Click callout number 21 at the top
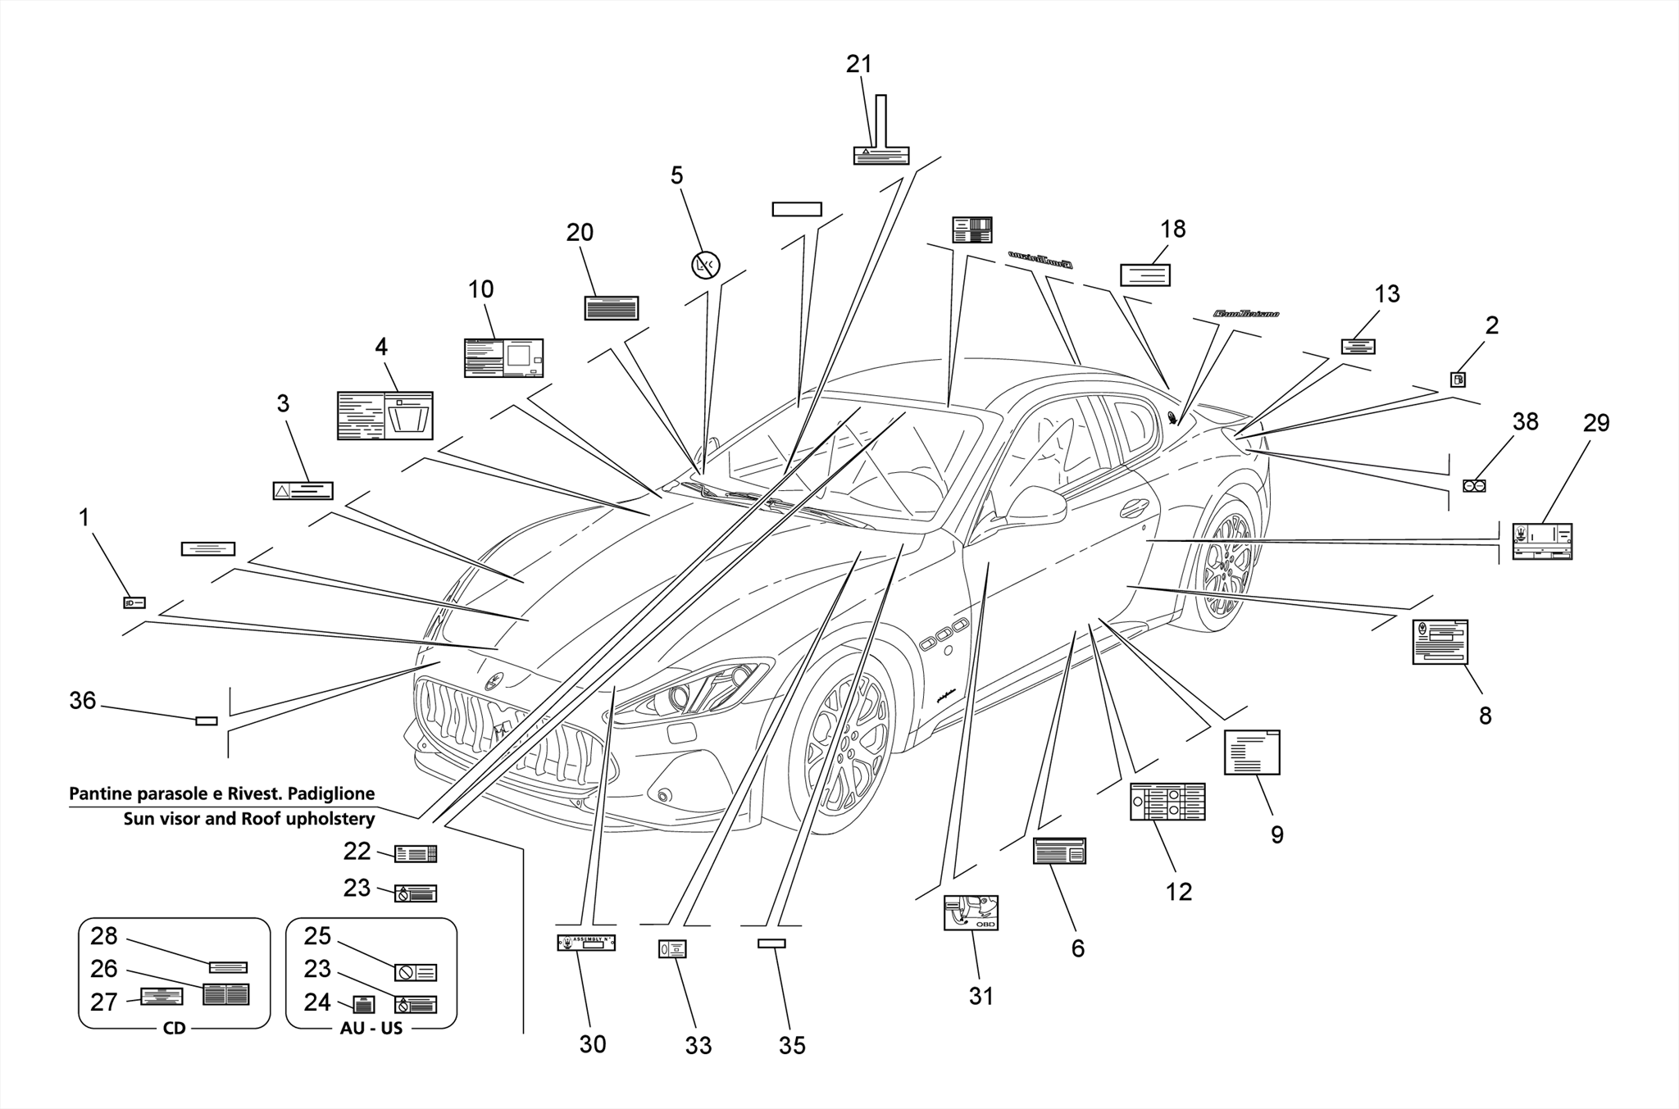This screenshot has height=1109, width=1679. pos(858,64)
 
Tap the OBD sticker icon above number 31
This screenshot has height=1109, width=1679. pos(971,912)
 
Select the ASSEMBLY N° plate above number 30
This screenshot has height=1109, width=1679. pos(586,943)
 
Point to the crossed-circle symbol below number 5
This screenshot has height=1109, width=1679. pos(705,265)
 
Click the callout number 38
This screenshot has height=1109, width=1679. pos(1525,421)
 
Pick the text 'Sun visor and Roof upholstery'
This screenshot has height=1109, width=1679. pos(248,818)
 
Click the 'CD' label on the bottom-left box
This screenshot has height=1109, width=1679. pos(174,1028)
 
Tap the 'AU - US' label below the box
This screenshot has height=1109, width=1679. pos(371,1028)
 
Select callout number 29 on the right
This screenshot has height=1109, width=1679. pos(1595,423)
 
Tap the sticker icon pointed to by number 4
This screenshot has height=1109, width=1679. pos(384,416)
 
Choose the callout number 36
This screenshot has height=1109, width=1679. pos(82,701)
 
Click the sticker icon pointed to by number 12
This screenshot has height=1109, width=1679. pos(1167,802)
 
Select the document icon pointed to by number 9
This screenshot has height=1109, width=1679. pos(1251,752)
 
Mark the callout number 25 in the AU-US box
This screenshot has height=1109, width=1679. pos(316,936)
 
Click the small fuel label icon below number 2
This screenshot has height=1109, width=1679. pos(1458,380)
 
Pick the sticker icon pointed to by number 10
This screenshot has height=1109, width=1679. pos(503,358)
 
